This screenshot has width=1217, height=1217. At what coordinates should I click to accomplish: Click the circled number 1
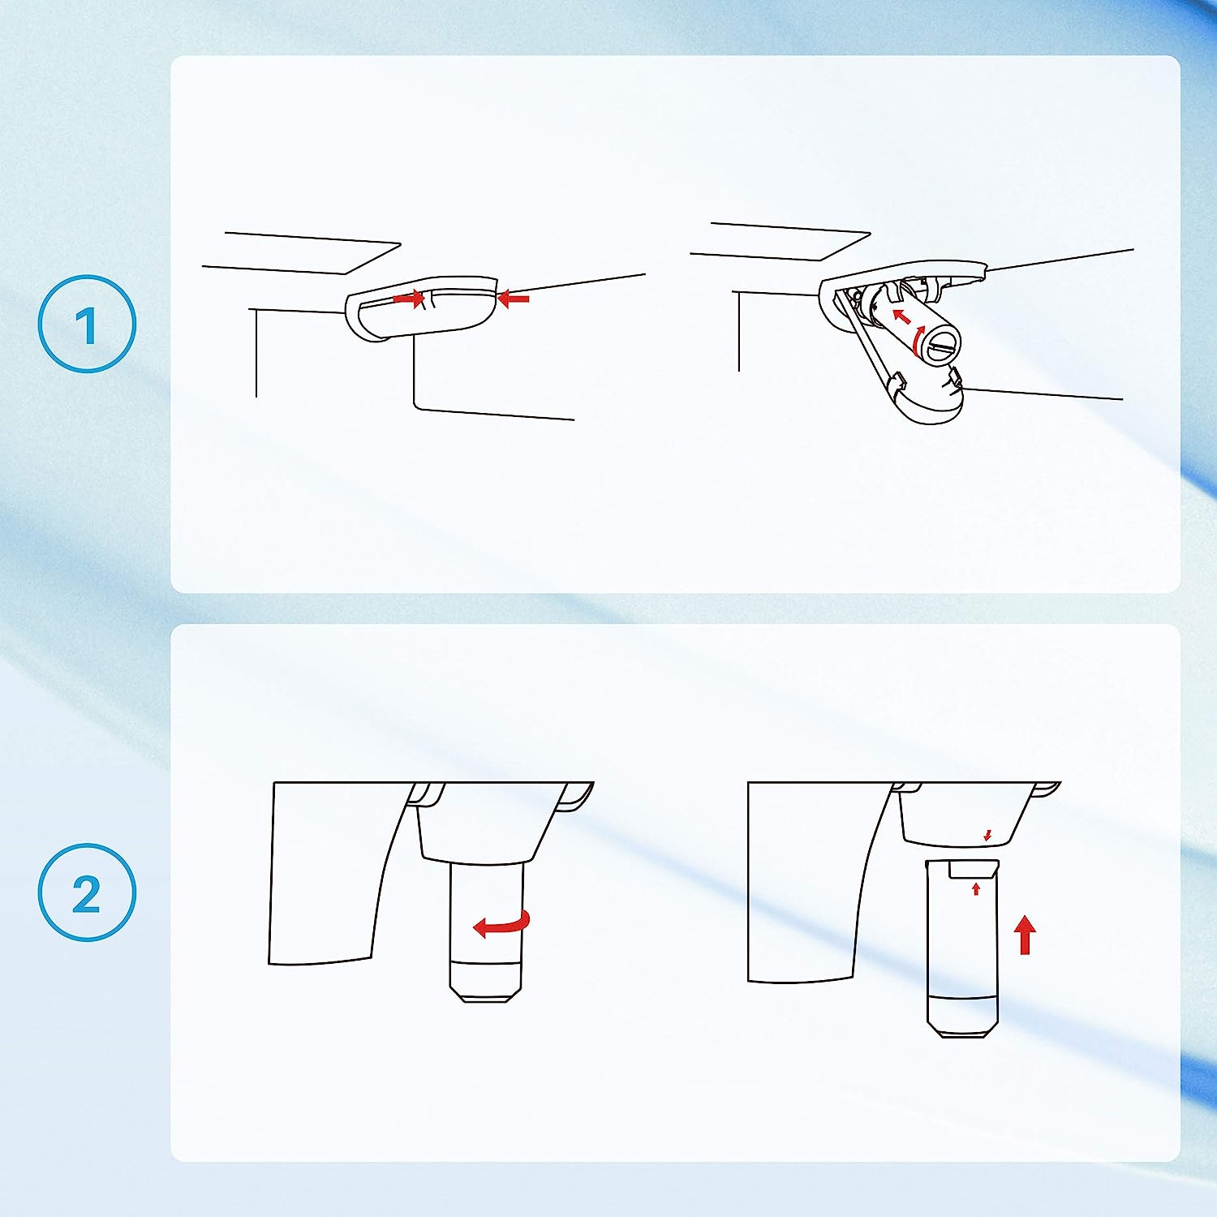point(87,324)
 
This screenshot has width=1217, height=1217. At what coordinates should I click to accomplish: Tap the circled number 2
point(87,892)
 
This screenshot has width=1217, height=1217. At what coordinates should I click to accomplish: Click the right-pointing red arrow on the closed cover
point(409,299)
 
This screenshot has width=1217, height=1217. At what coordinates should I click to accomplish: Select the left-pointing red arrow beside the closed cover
point(513,299)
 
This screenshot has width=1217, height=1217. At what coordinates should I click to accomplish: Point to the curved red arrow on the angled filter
point(918,341)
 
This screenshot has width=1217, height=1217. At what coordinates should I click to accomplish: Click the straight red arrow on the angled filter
point(901,315)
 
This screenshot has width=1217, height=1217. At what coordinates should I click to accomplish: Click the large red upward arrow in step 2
point(1026,934)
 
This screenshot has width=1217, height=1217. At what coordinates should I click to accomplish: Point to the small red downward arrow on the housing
point(987,835)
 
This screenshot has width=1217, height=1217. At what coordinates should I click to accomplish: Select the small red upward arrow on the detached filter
point(976,889)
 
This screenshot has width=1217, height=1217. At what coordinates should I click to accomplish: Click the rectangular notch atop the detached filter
point(971,870)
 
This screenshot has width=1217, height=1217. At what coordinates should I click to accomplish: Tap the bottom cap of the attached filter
point(486,982)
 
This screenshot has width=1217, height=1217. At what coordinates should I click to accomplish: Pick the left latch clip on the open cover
point(897,381)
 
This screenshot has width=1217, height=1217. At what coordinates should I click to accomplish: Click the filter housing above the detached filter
point(965,815)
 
